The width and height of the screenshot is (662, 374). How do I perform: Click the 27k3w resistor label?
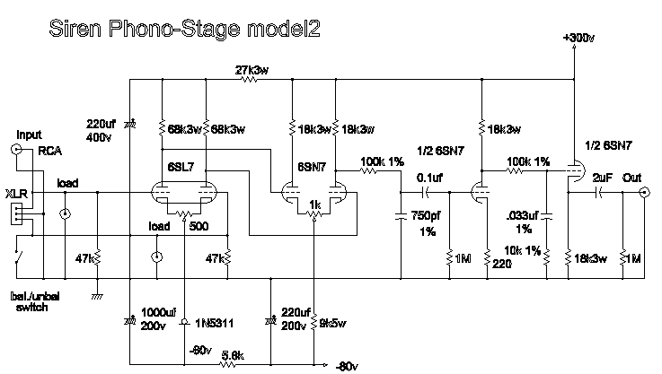coord(252,68)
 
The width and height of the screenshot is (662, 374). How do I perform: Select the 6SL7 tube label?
coord(181,168)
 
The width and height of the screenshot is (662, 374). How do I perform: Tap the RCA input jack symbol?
coord(16,150)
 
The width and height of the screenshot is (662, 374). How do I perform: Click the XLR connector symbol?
coord(14,213)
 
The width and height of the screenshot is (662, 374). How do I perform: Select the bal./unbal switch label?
coord(30,300)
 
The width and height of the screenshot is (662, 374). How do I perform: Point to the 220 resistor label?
coord(501,265)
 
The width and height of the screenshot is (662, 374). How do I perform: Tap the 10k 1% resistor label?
coord(524,248)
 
